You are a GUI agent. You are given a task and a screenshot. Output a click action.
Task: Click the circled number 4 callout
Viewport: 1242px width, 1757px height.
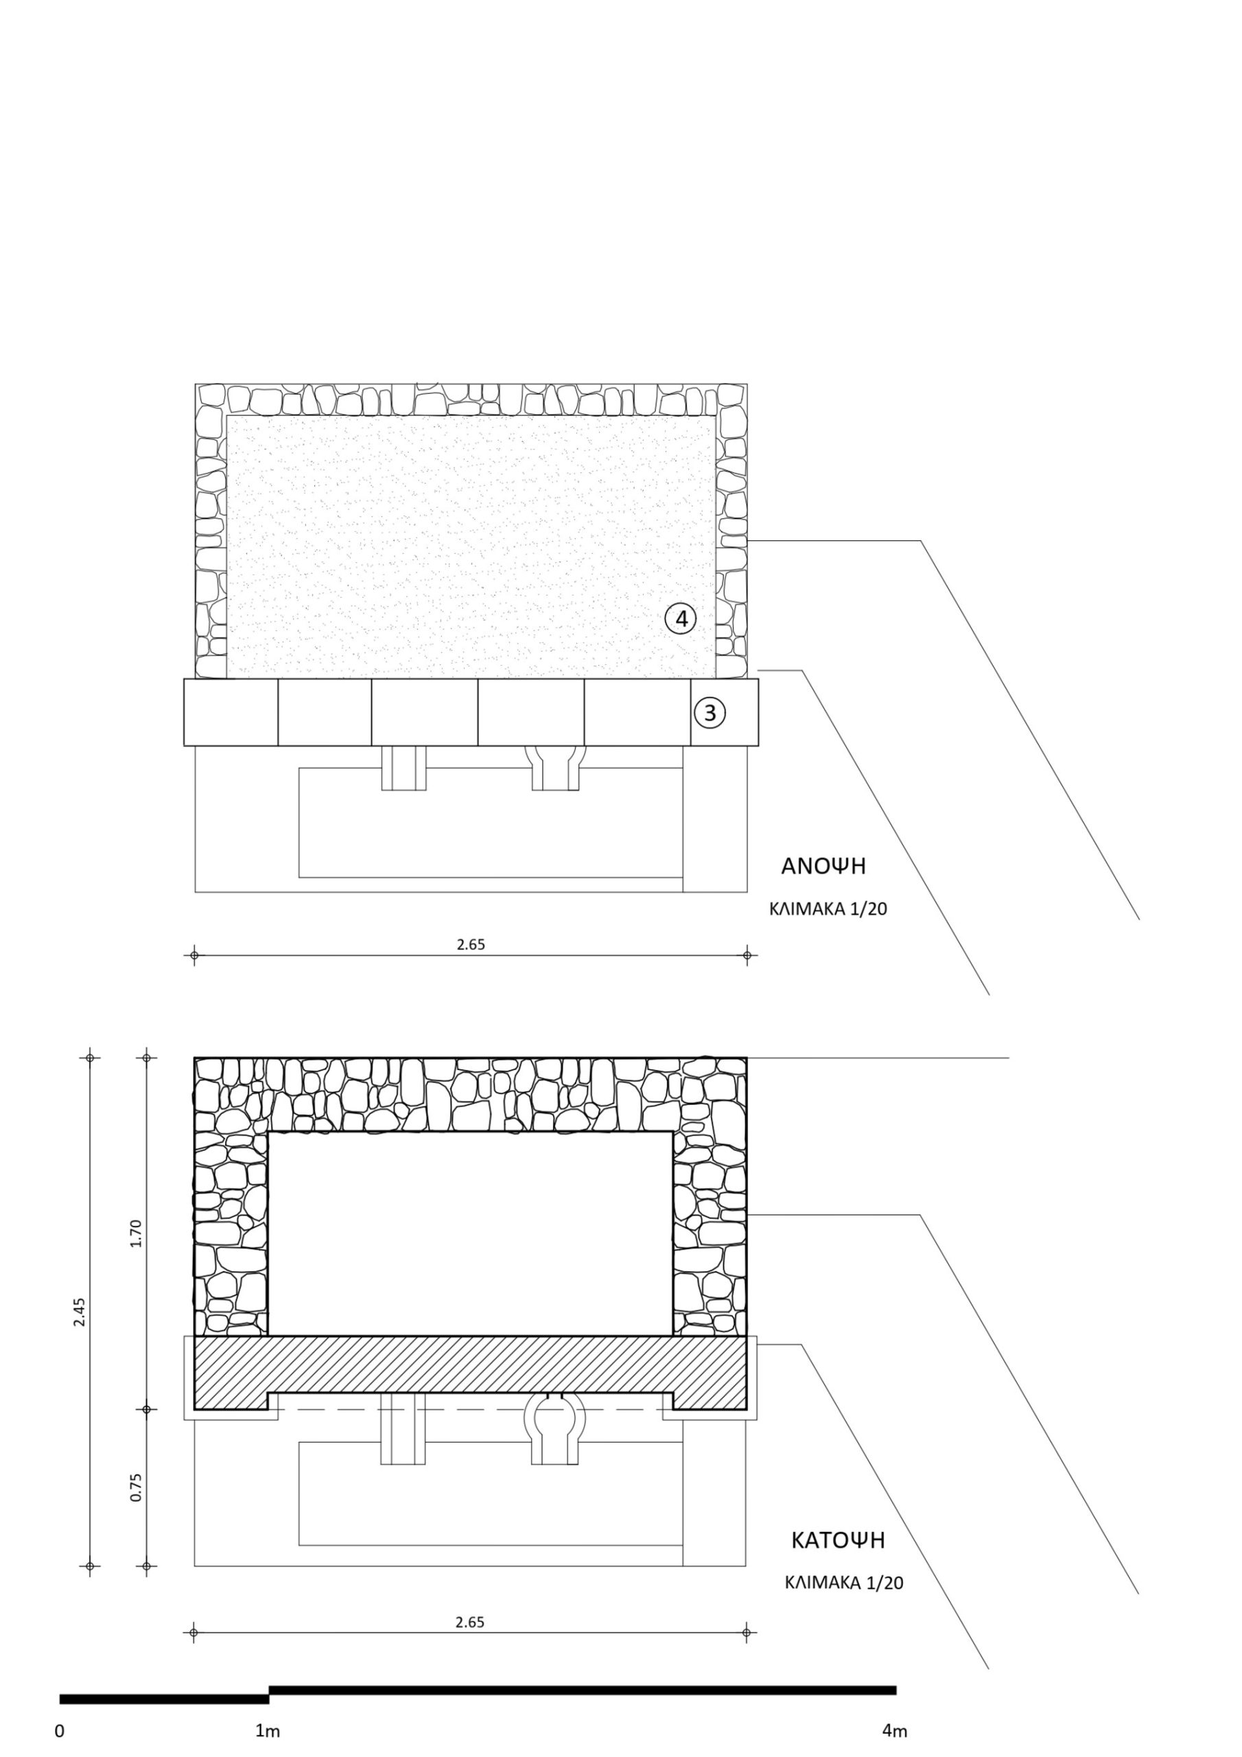point(680,618)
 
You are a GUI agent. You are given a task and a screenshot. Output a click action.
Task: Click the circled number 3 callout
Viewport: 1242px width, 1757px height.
point(710,712)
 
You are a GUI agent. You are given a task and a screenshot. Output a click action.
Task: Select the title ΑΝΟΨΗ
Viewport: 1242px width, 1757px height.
point(823,866)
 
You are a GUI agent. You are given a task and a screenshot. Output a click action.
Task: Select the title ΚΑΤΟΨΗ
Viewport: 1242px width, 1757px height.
point(837,1540)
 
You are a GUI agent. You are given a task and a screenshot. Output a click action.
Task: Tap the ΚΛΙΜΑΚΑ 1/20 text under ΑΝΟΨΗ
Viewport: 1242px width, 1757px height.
point(828,910)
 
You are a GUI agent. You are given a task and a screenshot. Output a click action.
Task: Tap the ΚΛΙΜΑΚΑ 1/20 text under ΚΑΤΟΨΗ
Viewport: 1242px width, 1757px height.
point(844,1583)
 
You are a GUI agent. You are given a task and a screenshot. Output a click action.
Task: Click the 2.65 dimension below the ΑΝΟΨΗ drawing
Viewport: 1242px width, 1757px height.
point(471,944)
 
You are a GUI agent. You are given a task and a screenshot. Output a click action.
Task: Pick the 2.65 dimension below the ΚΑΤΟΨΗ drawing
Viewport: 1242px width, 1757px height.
point(470,1622)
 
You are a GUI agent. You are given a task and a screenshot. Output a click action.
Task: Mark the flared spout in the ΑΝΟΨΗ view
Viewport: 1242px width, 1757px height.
point(556,767)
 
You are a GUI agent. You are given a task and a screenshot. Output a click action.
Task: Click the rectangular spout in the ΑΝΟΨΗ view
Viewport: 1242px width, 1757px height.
point(404,767)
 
